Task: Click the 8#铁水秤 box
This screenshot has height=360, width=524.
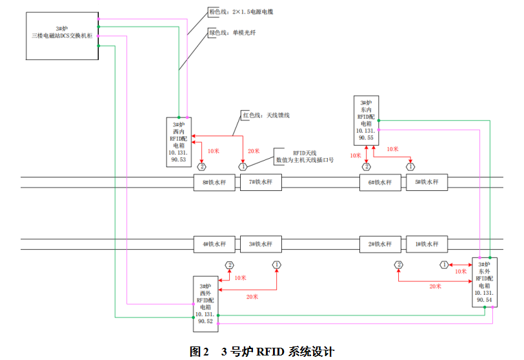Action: click(x=214, y=183)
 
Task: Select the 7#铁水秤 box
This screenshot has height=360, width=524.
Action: click(x=261, y=183)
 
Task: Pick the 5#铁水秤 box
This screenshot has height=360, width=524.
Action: click(x=427, y=183)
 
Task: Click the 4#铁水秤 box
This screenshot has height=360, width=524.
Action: click(x=214, y=245)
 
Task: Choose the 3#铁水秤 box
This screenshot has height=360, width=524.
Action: click(x=261, y=245)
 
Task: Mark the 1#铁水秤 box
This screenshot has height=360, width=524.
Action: click(x=427, y=245)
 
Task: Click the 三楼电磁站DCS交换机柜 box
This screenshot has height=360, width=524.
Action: click(x=62, y=36)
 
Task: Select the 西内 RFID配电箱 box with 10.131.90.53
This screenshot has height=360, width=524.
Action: click(x=178, y=141)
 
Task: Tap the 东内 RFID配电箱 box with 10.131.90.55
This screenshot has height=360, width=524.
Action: click(x=366, y=121)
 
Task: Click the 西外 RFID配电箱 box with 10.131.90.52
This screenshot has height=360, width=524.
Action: click(x=206, y=303)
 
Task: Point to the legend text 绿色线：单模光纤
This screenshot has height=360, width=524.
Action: click(x=232, y=32)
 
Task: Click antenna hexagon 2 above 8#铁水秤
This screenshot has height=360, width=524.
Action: click(x=201, y=166)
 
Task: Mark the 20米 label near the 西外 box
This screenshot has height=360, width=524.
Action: click(x=252, y=297)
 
